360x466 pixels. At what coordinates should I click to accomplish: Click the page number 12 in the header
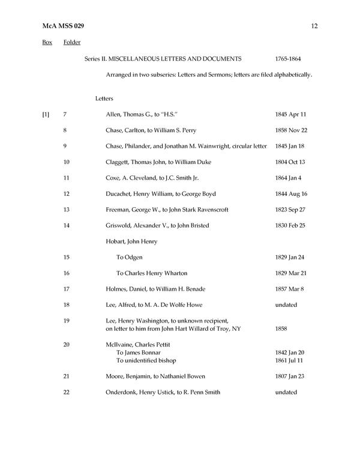tap(314, 26)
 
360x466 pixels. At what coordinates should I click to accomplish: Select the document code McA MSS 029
tap(63, 26)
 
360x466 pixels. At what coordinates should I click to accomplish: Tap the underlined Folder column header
tap(72, 43)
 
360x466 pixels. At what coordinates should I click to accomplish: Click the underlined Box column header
tap(47, 43)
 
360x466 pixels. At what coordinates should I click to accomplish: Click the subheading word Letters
tap(104, 98)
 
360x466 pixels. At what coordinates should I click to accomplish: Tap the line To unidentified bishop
tap(146, 361)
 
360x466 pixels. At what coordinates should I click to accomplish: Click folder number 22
tap(67, 392)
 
